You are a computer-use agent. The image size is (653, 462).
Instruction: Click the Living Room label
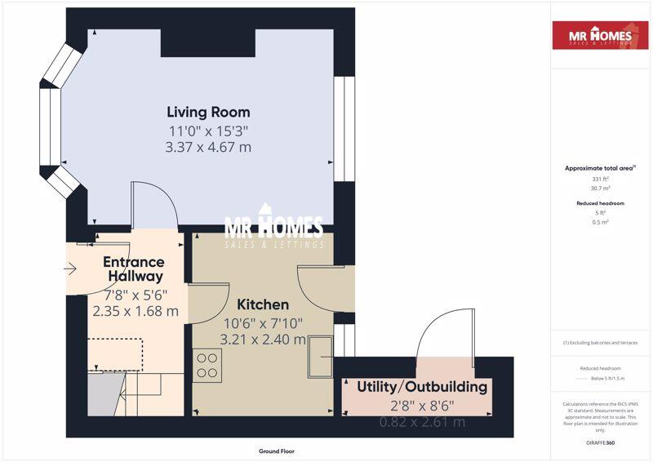[x=208, y=112]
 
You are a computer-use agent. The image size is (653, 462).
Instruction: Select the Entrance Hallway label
[x=134, y=269]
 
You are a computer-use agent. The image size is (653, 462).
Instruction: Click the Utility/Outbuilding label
[x=422, y=387]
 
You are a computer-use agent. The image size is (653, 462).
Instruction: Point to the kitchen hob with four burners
[x=208, y=365]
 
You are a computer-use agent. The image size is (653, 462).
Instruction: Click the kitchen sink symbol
[x=320, y=357]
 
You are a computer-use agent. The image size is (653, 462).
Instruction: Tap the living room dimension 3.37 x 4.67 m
[x=208, y=147]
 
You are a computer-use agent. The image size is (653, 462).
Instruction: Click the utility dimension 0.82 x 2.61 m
[x=422, y=421]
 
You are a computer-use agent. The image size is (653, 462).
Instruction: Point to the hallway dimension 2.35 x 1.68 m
[x=135, y=311]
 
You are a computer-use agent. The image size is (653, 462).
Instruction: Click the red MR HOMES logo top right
[x=600, y=36]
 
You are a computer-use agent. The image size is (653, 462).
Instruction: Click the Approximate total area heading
[x=600, y=168]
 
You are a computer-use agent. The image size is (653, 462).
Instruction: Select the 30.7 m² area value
[x=600, y=188]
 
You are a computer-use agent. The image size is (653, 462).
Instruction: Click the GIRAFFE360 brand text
[x=600, y=442]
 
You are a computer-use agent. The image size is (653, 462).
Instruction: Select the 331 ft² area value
[x=600, y=178]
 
